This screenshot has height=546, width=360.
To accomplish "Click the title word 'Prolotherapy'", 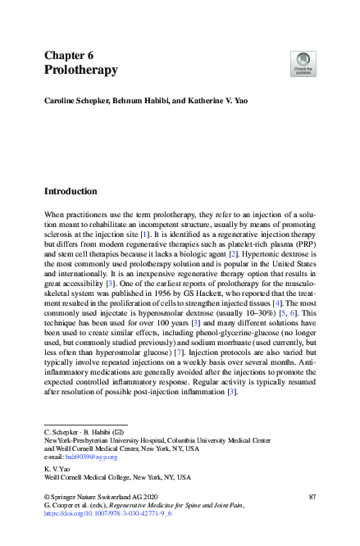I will point(80,71).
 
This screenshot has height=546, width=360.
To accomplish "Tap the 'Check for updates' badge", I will point(303,64).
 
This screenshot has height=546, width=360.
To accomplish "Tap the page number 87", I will point(312,498).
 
